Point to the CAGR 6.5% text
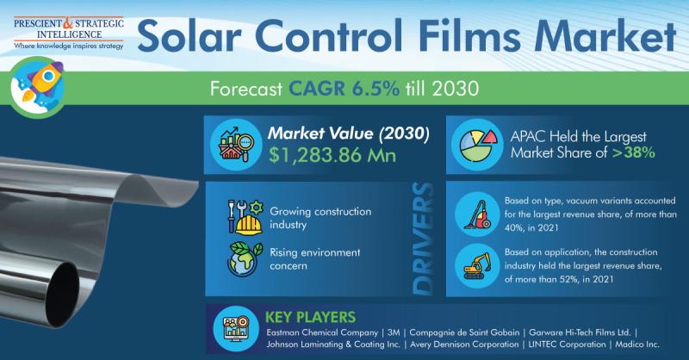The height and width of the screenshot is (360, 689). (x=344, y=89)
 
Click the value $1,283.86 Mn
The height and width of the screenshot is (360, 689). (x=332, y=155)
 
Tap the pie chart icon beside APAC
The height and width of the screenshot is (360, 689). (x=475, y=144)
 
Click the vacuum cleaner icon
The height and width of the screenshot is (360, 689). (x=478, y=214)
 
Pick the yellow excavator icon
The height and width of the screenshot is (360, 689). (x=478, y=265)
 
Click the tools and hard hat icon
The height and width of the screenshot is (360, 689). (x=245, y=217)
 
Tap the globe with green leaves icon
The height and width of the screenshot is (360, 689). (x=245, y=259)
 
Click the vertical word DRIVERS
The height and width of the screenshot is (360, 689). (x=423, y=239)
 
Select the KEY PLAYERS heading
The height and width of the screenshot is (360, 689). (x=310, y=317)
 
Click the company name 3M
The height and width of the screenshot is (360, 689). (x=394, y=332)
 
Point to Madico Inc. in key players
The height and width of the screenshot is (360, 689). (x=637, y=344)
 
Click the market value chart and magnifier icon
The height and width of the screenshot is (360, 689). (x=237, y=144)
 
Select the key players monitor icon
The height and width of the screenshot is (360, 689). (x=236, y=329)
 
